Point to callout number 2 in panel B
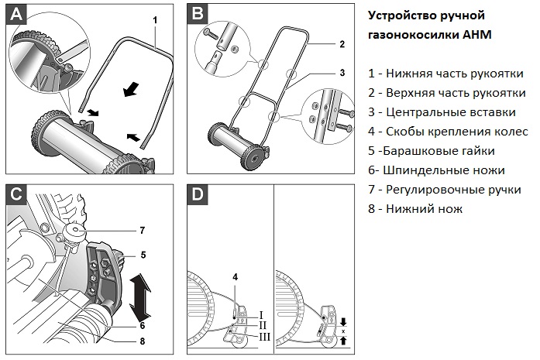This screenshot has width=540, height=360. click(x=341, y=45)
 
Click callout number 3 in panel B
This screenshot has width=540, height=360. click(x=341, y=72)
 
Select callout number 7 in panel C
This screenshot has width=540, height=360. click(x=143, y=230)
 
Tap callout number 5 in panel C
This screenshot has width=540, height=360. click(x=143, y=254)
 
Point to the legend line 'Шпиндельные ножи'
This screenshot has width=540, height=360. click(x=436, y=170)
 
